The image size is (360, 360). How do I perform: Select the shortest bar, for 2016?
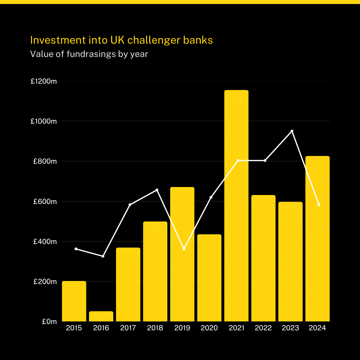pyautogui.click(x=101, y=316)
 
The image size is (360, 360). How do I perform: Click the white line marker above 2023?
pyautogui.click(x=292, y=131)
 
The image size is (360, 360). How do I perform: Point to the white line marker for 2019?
pyautogui.click(x=184, y=249)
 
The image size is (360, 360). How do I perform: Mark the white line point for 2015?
pyautogui.click(x=76, y=249)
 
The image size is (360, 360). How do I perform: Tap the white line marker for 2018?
pyautogui.click(x=157, y=190)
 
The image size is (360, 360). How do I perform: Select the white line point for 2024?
pyautogui.click(x=319, y=205)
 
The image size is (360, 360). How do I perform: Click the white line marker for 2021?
pyautogui.click(x=238, y=160)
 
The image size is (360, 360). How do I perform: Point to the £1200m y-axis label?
pyautogui.click(x=44, y=81)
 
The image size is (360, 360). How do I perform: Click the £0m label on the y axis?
pyautogui.click(x=49, y=322)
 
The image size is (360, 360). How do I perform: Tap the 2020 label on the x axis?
pyautogui.click(x=209, y=328)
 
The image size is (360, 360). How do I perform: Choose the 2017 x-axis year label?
pyautogui.click(x=128, y=328)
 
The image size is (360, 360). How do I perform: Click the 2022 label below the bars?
pyautogui.click(x=263, y=328)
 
